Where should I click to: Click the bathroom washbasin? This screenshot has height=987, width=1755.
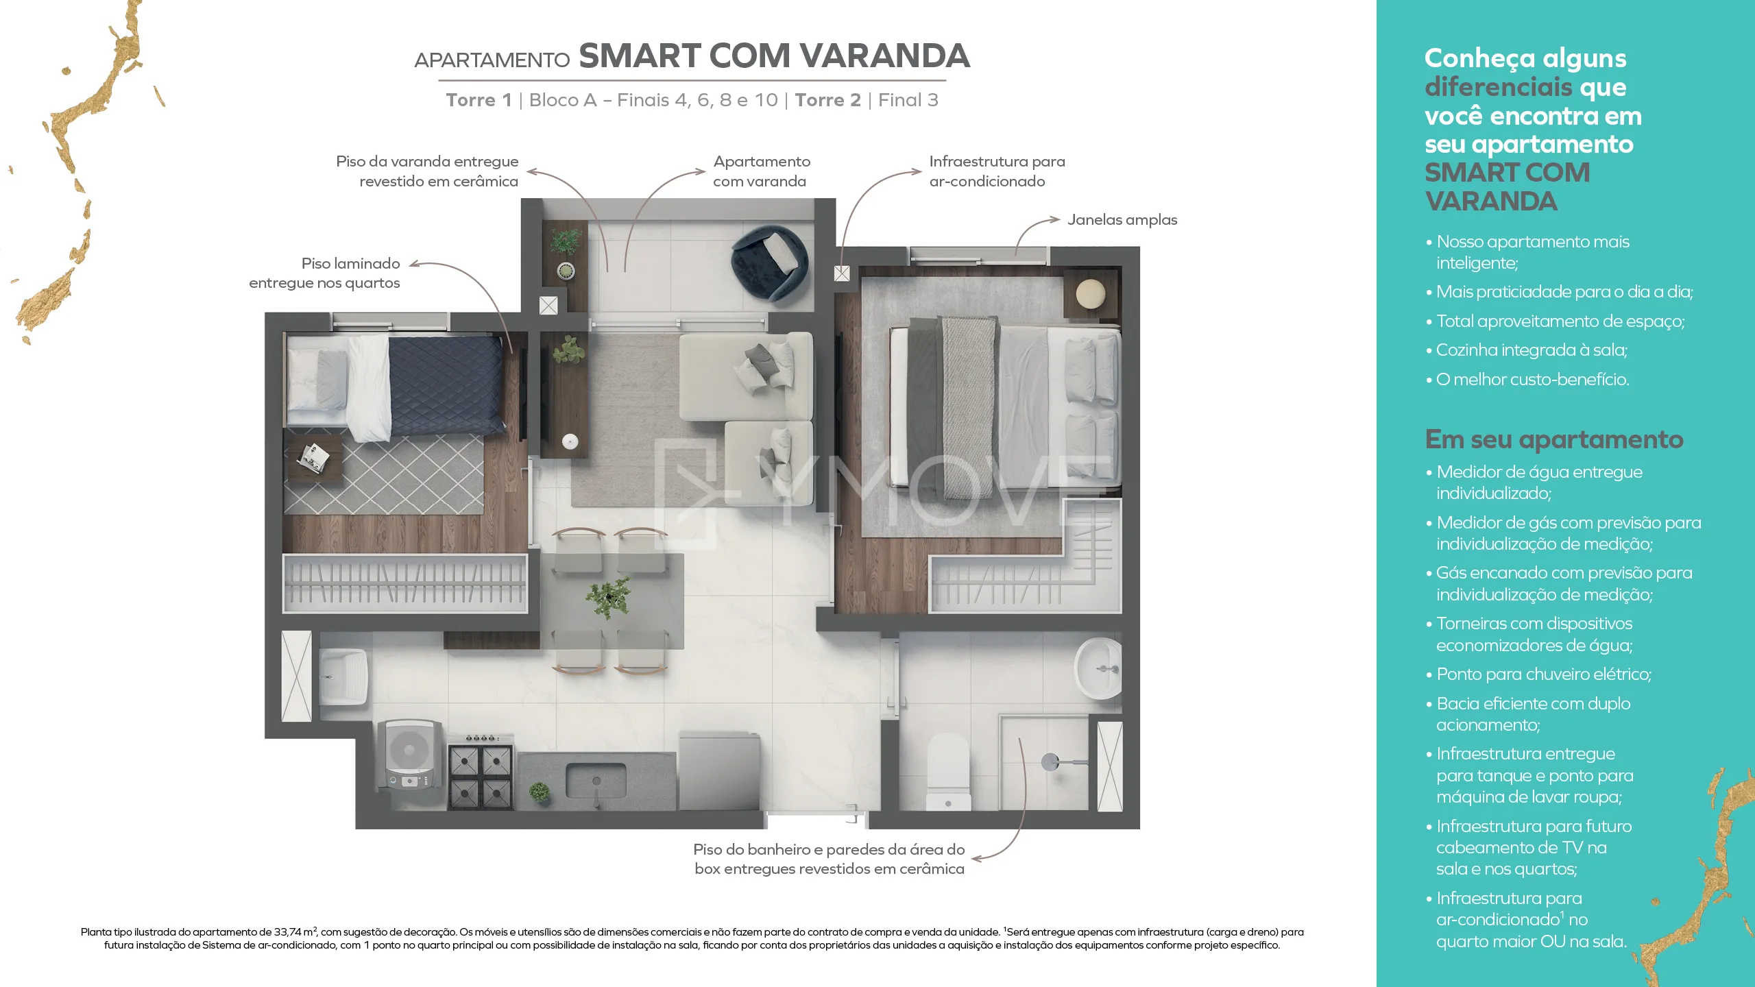click(x=1098, y=668)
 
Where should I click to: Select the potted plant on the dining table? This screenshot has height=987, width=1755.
click(x=608, y=597)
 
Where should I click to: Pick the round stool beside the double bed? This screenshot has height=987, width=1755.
click(x=1091, y=295)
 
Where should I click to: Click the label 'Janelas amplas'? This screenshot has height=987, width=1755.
click(x=1122, y=220)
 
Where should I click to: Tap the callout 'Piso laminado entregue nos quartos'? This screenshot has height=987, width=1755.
click(x=324, y=273)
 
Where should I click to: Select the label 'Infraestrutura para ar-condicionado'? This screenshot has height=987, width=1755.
click(x=997, y=171)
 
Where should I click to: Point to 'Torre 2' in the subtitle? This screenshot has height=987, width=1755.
click(x=827, y=100)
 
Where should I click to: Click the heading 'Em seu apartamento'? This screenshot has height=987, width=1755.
click(x=1554, y=439)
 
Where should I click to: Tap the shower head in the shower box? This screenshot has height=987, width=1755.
click(x=1050, y=761)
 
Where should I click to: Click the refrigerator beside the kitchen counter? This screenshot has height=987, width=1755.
click(x=719, y=770)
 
